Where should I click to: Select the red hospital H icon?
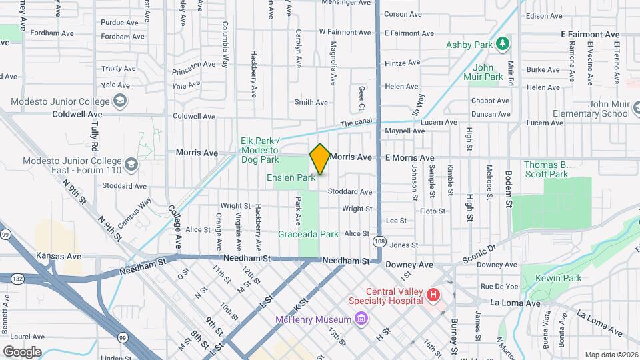433,294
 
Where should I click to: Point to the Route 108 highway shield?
379,241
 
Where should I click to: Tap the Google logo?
21,351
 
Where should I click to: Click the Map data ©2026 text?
611,355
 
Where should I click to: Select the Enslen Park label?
291,178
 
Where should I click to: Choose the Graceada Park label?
309,234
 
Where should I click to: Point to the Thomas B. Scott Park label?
545,169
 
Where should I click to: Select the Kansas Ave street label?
58,256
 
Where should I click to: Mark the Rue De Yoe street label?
499,287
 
